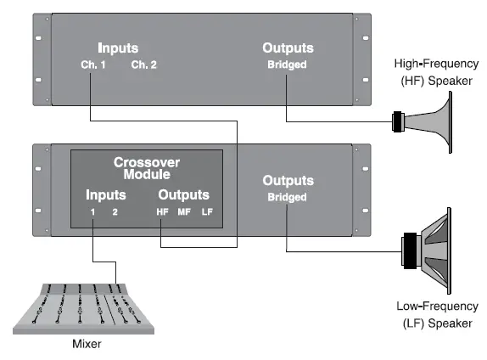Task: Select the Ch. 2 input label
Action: (143, 64)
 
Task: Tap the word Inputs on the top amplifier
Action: (117, 48)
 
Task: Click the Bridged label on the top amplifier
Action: (288, 64)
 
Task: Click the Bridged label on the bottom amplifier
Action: (288, 197)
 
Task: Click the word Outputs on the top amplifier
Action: (288, 48)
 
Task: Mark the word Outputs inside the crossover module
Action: (184, 194)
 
